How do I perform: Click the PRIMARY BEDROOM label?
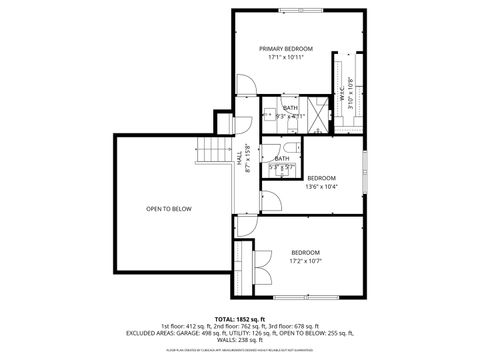tap(286, 48)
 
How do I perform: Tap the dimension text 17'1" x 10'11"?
tap(286, 58)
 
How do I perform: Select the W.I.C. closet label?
tap(341, 98)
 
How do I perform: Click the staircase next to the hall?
tap(214, 151)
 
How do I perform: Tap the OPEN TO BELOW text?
tap(169, 209)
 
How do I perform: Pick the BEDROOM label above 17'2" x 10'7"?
tap(305, 252)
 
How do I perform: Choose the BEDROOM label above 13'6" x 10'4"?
tap(321, 177)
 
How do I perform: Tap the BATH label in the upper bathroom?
tap(290, 108)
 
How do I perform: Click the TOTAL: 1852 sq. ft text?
tap(239, 317)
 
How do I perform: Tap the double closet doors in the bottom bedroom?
tap(260, 266)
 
